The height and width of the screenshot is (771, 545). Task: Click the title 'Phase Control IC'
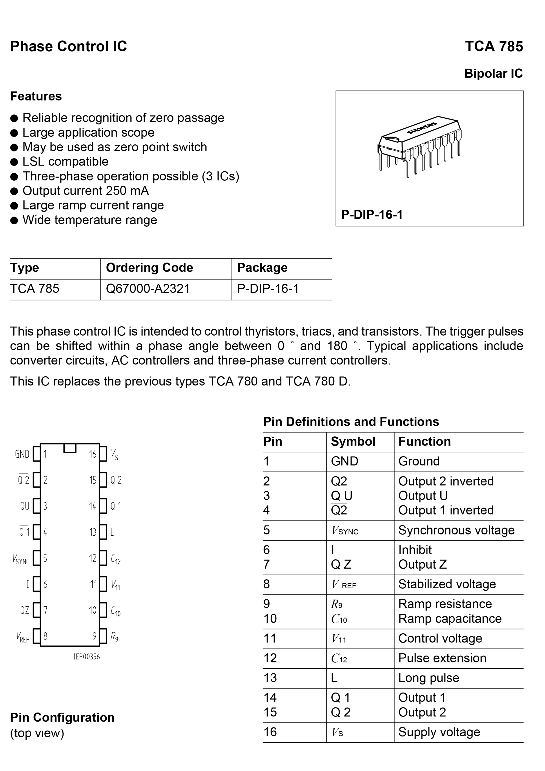click(69, 46)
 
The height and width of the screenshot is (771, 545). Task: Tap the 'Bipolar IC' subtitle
click(493, 74)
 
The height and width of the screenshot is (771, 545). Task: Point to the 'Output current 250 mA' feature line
click(85, 191)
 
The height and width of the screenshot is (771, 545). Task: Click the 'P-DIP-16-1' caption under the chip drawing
click(372, 214)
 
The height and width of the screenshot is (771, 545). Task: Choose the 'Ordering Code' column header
click(149, 268)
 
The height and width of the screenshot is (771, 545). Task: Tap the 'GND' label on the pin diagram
click(22, 454)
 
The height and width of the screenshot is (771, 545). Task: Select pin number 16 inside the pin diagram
click(92, 454)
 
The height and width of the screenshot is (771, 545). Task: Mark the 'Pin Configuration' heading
click(62, 717)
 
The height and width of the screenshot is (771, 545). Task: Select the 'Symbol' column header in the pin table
click(353, 441)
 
